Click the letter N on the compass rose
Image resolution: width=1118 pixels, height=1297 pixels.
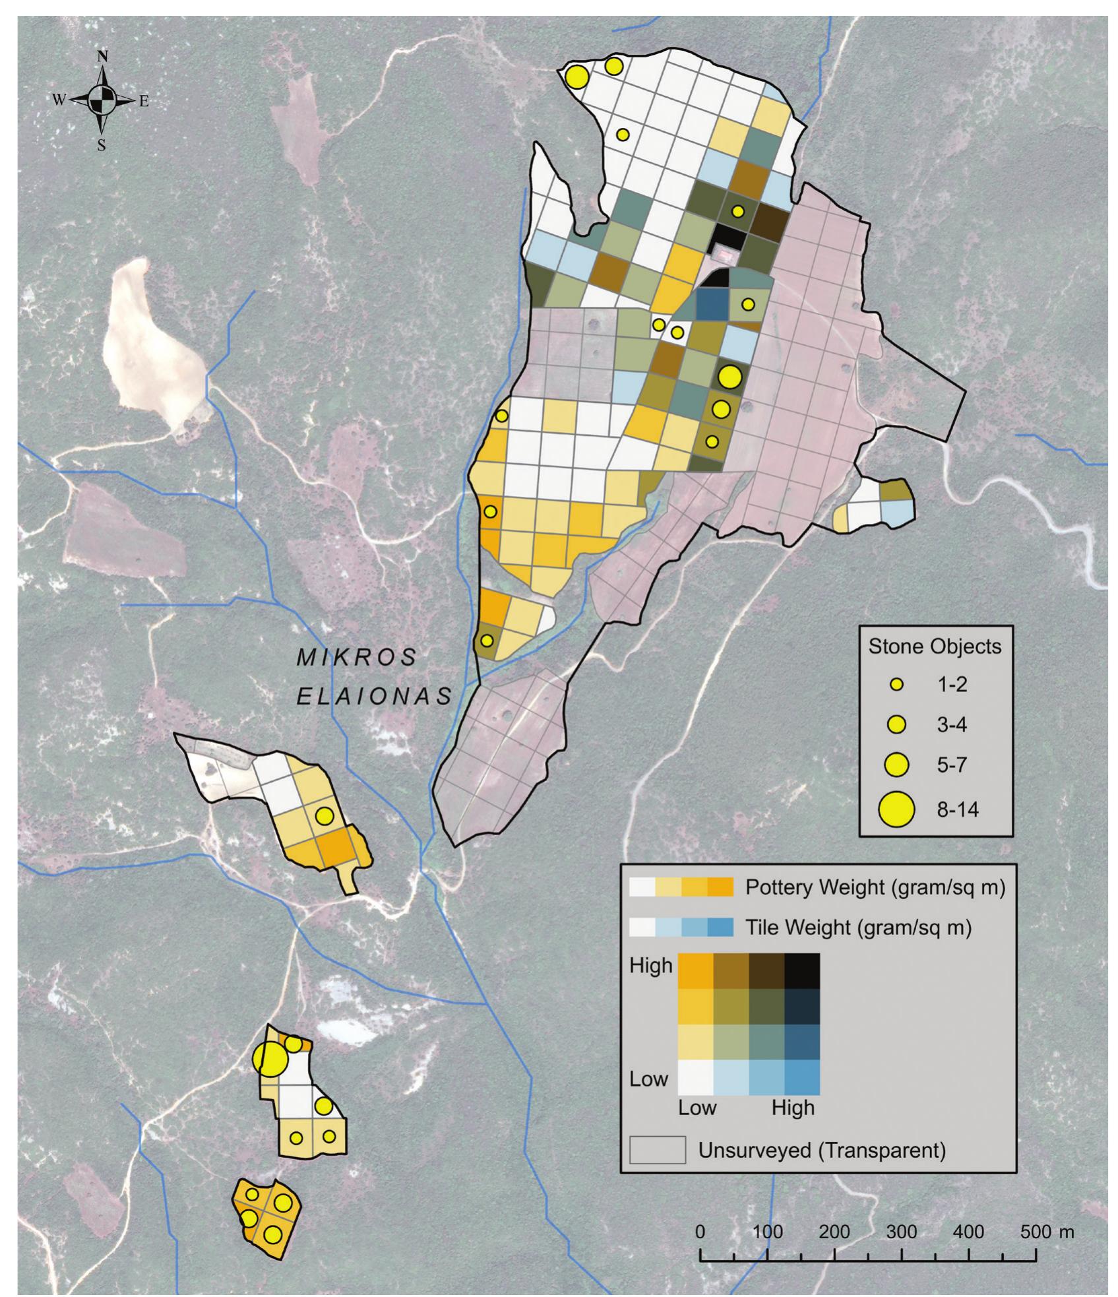coord(102,57)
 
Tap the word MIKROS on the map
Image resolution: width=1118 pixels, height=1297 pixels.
coord(357,656)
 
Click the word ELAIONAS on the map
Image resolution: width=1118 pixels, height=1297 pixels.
coord(374,697)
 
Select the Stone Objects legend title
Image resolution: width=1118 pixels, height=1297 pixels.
coord(934,647)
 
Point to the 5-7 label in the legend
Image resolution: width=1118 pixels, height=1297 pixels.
coord(952,766)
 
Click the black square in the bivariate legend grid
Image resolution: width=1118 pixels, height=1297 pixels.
coord(801,970)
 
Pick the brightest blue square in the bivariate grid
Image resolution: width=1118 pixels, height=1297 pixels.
coord(801,1077)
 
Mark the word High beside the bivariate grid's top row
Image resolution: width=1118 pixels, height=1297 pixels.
coord(651,966)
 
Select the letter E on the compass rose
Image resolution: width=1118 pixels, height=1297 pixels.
coord(144,101)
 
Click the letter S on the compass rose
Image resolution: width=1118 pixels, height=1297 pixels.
coord(102,146)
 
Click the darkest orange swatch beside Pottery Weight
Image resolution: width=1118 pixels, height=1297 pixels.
coord(720,887)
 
